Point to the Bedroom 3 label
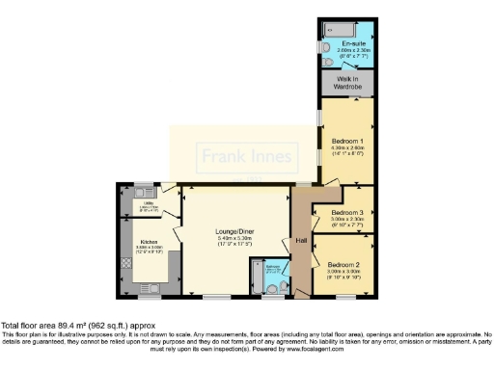347,212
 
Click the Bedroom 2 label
343,264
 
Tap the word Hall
301,240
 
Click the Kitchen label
150,242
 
